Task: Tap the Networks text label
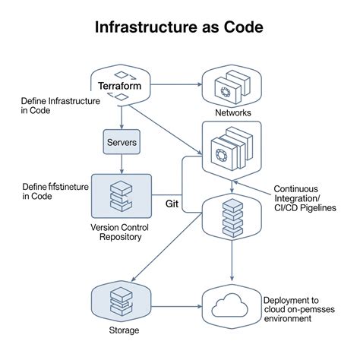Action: click(x=232, y=112)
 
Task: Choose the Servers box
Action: click(x=122, y=142)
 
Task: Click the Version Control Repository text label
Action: click(x=122, y=232)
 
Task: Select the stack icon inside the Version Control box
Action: click(x=122, y=197)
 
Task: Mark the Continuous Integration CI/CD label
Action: click(x=306, y=199)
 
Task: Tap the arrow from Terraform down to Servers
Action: click(x=122, y=116)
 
